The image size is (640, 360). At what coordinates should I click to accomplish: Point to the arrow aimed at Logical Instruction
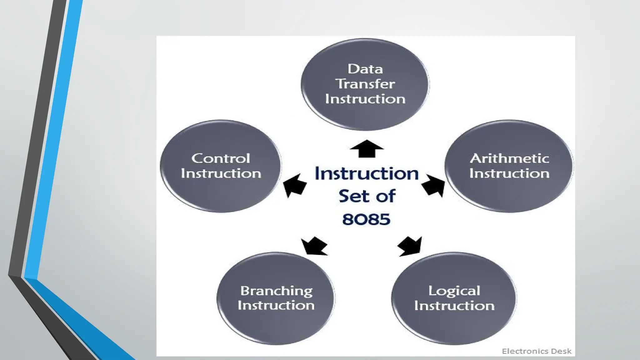tap(410, 246)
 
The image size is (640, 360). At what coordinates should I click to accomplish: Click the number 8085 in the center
tap(366, 219)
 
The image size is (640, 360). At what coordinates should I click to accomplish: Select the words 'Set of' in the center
tap(367, 196)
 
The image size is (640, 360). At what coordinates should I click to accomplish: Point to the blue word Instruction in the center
tap(367, 173)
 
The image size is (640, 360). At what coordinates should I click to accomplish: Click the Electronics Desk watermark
tap(537, 351)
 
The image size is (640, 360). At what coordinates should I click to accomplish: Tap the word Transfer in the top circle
tap(365, 84)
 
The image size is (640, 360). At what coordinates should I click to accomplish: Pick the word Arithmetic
tap(509, 158)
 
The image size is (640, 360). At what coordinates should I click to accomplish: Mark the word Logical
tap(454, 291)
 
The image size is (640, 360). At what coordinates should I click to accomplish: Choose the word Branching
tap(276, 291)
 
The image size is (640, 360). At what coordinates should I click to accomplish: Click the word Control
tap(221, 158)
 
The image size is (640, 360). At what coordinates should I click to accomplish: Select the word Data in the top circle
tap(365, 69)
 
